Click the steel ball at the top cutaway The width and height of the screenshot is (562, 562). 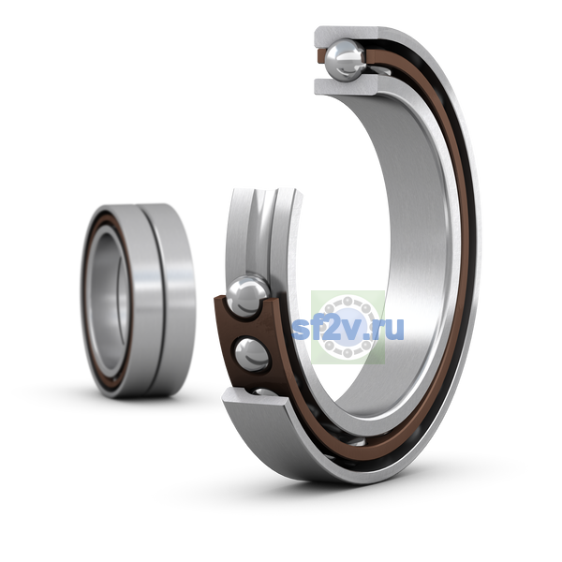pyautogui.click(x=345, y=59)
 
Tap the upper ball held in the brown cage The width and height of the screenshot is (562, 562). pyautogui.click(x=247, y=296)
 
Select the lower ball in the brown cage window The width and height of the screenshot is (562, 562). pyautogui.click(x=252, y=354)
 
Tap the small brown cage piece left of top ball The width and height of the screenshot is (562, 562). pyautogui.click(x=321, y=56)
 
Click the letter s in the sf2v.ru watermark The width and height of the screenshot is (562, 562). pyautogui.click(x=301, y=330)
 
